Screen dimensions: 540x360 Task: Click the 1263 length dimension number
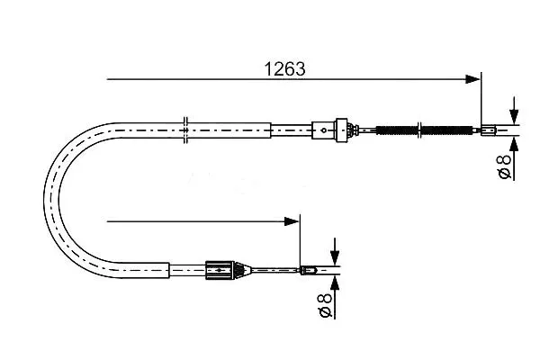click(x=284, y=69)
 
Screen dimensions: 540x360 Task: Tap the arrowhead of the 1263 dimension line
click(x=472, y=79)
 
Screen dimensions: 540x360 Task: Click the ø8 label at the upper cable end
click(x=505, y=167)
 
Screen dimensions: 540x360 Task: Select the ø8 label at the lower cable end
click(x=326, y=306)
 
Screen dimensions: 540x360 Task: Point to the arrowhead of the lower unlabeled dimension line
click(x=292, y=221)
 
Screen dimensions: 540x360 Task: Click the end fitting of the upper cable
click(x=489, y=130)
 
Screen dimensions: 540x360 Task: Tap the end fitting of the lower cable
click(x=308, y=270)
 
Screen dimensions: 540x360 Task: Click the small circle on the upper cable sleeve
click(x=324, y=130)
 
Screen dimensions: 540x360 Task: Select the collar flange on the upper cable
click(x=341, y=130)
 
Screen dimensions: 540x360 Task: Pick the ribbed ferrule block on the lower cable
click(x=220, y=270)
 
